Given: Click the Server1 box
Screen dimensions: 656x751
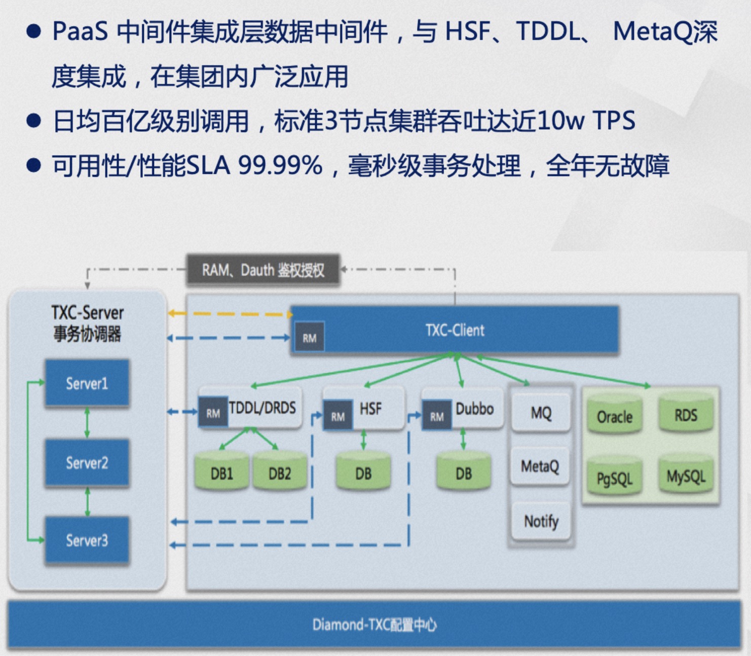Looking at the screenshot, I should tap(87, 383).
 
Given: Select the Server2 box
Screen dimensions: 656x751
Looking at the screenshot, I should tap(87, 462).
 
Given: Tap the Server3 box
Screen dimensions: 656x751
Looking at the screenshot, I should tap(87, 540).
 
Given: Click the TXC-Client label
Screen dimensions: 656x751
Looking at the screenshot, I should tap(455, 331).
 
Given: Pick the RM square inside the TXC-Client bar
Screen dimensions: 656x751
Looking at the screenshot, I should tap(309, 338).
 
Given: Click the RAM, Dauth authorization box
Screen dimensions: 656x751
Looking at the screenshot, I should tap(263, 270).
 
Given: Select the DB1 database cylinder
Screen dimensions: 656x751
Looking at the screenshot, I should tap(221, 473).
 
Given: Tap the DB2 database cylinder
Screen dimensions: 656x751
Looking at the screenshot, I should tap(279, 473).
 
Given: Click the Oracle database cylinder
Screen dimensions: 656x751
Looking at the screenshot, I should tap(615, 416).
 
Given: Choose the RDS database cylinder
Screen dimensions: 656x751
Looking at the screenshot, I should tap(686, 415).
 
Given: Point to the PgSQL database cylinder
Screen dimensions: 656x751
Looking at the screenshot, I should tap(615, 478).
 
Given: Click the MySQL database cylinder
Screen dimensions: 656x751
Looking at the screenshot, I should tap(686, 476).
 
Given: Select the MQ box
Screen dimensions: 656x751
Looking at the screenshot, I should tap(541, 413).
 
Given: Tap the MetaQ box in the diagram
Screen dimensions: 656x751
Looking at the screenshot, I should tap(540, 466).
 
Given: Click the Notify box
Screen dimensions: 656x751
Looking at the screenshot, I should tap(541, 521).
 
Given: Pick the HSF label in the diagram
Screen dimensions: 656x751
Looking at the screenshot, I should tap(370, 408).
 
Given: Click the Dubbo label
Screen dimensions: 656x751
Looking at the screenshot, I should tap(474, 408).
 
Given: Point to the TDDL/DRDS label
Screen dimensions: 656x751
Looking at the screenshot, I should tap(262, 408).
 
